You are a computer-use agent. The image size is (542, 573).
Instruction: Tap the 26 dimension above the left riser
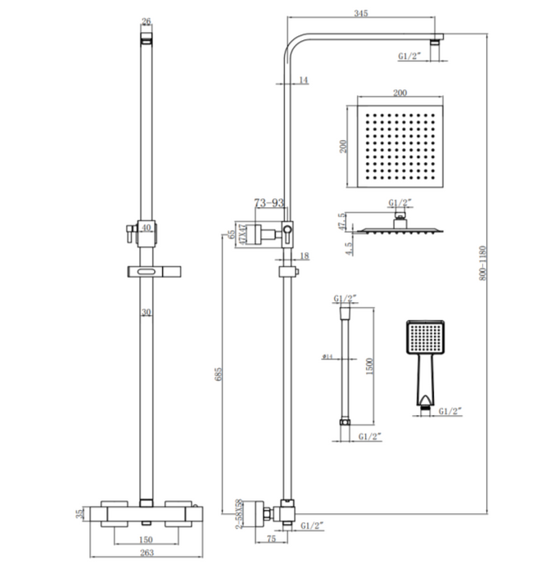(147, 21)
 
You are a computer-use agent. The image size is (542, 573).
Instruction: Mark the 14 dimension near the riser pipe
(303, 79)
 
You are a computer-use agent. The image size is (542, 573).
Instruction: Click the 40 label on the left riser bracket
(146, 227)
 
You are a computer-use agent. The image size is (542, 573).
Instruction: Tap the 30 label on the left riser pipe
(146, 312)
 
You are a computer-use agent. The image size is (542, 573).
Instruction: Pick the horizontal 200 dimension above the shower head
(400, 92)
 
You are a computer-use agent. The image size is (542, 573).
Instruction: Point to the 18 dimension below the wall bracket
(304, 256)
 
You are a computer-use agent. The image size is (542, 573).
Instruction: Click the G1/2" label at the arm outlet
(409, 56)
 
